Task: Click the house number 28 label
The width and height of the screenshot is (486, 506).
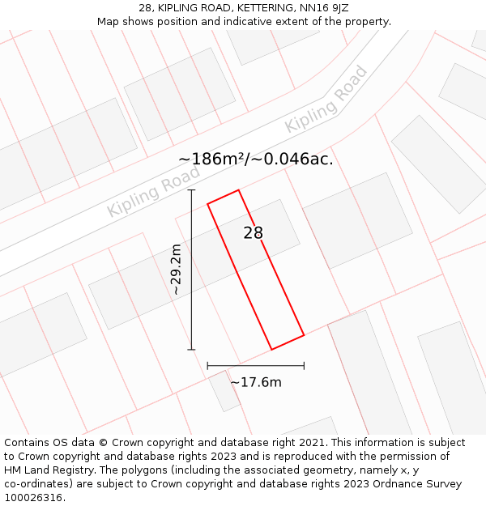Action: click(254, 233)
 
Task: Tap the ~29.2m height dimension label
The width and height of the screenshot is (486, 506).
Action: click(176, 270)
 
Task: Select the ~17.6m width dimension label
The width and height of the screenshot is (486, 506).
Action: click(256, 382)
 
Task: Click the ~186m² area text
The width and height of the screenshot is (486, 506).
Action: click(212, 159)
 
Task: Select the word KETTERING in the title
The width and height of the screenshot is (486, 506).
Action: click(265, 8)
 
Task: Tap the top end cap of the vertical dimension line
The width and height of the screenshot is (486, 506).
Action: click(192, 190)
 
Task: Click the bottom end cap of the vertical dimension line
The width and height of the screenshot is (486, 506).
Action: click(192, 350)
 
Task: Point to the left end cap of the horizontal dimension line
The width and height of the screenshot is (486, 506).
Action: click(208, 365)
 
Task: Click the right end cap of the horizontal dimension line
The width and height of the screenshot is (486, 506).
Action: click(304, 365)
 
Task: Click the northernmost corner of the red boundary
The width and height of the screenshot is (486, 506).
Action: click(238, 190)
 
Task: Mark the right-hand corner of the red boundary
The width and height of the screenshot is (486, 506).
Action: click(304, 334)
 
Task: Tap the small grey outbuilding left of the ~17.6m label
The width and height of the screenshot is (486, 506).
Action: click(224, 391)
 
